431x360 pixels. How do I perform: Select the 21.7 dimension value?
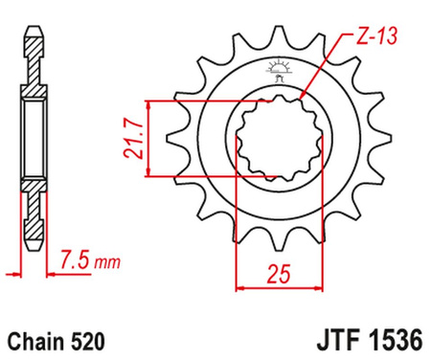click(x=133, y=139)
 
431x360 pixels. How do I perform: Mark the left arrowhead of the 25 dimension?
click(x=240, y=285)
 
